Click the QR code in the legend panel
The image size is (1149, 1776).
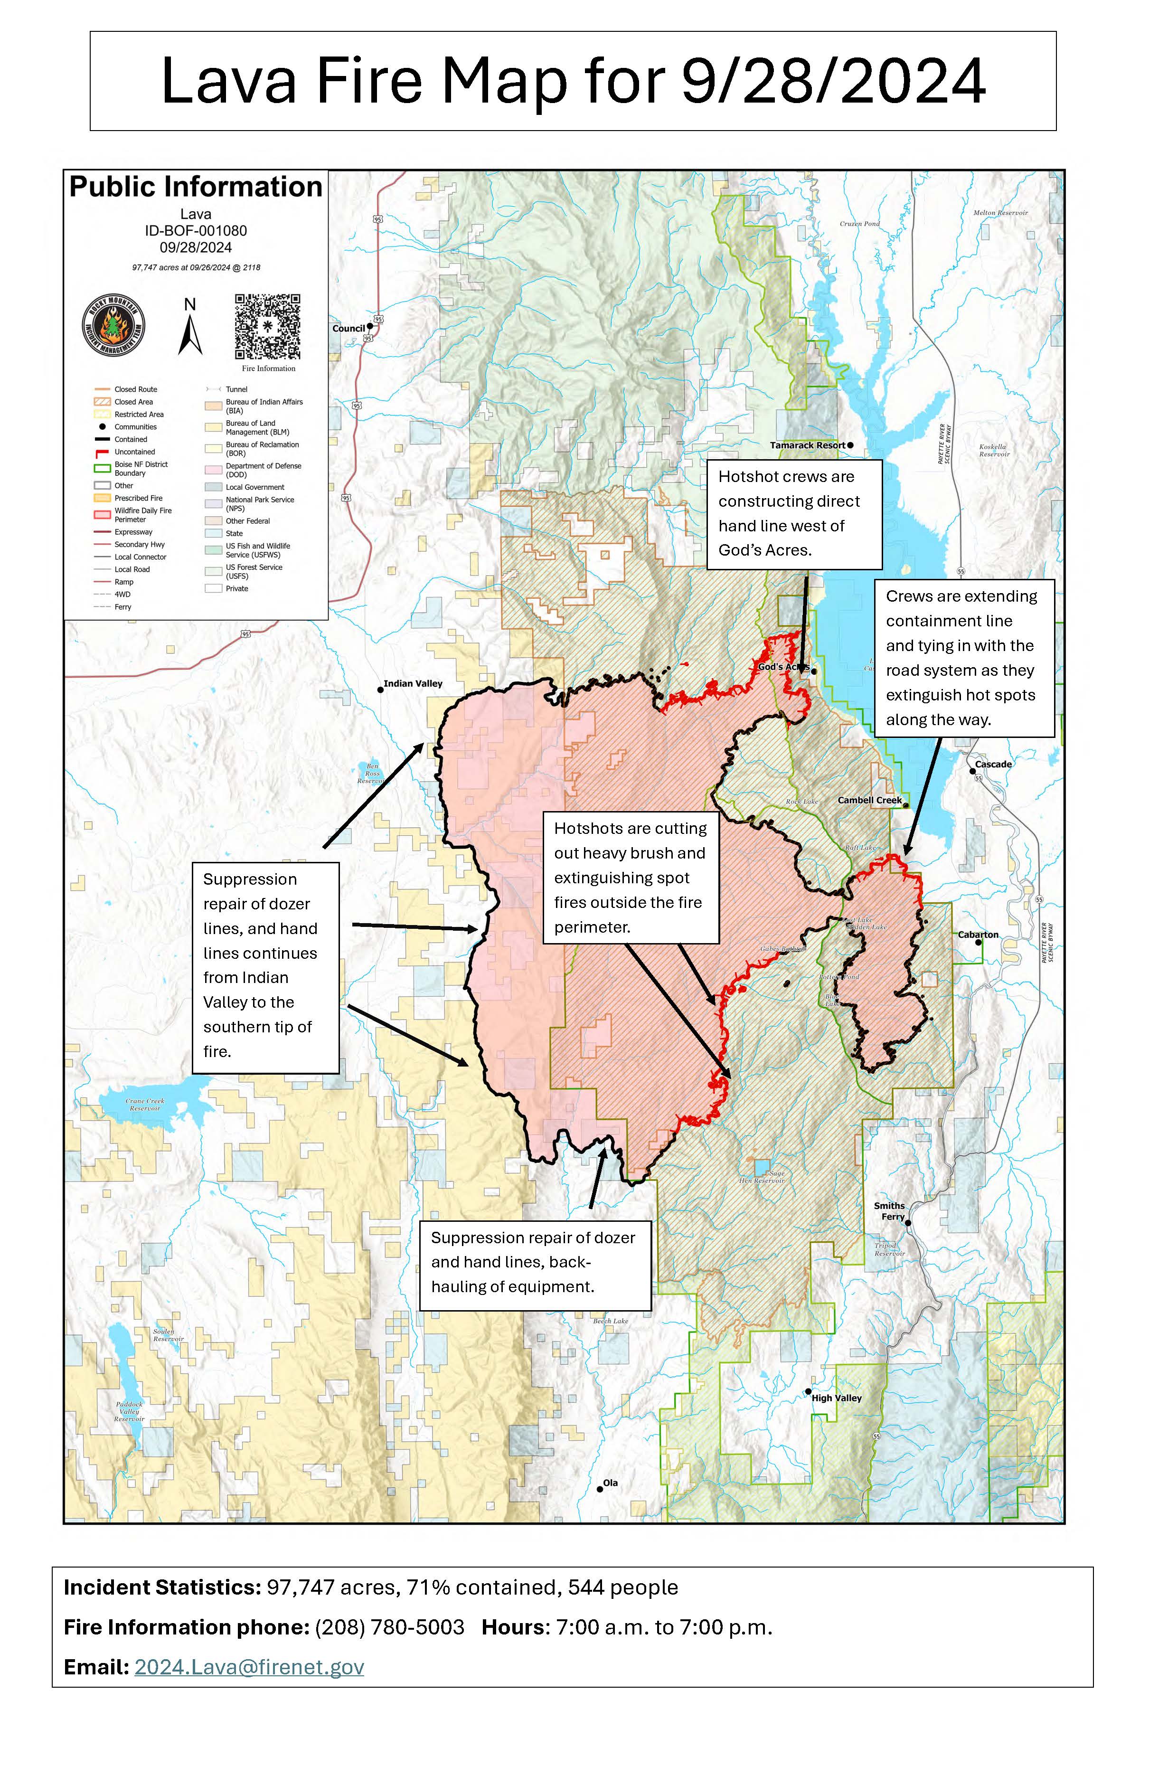pos(267,327)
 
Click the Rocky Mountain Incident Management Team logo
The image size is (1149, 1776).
pos(113,326)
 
